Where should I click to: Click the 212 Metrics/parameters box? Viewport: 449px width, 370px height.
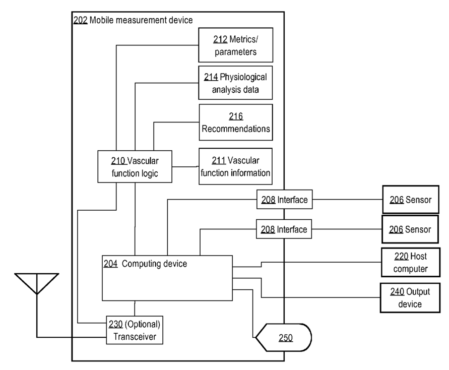[235, 45]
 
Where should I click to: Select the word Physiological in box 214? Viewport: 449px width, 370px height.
[243, 78]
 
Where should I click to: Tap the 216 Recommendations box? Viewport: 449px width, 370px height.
[236, 122]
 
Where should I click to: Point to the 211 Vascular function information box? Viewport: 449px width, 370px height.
[235, 166]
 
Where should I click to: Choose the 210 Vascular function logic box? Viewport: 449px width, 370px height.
[134, 167]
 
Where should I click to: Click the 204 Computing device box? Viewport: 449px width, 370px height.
[167, 278]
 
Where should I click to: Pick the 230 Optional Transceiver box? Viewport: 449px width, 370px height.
[135, 330]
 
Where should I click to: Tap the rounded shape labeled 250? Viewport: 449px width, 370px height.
[283, 337]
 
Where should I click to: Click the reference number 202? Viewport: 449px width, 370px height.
[80, 21]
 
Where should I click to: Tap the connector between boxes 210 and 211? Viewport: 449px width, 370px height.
[185, 167]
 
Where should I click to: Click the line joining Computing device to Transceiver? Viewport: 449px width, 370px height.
[135, 308]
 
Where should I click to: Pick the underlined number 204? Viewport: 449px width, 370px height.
[111, 263]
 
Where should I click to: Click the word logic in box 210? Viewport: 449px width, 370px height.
[148, 173]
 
